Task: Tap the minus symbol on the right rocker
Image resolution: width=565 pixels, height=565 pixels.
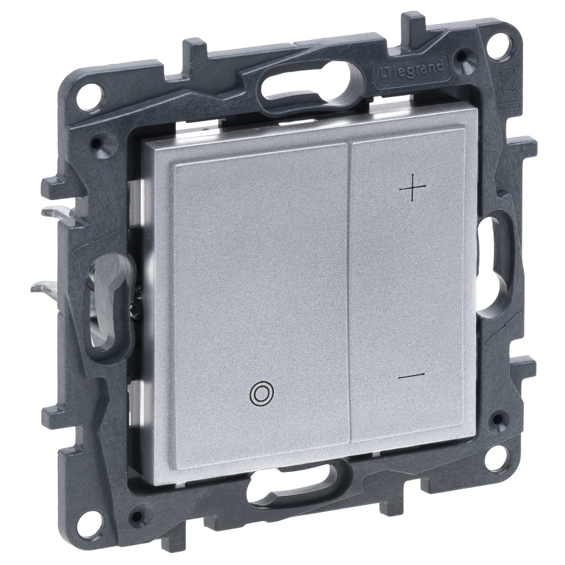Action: (411, 376)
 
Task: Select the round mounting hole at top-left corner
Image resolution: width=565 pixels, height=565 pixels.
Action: (89, 91)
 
